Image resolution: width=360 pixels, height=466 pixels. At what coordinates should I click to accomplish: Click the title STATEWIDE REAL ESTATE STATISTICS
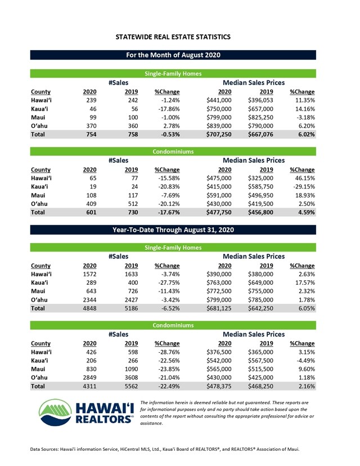(173, 37)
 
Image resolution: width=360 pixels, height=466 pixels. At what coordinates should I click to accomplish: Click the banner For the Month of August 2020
(173, 55)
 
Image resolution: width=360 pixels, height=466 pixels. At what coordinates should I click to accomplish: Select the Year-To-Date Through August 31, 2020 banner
(173, 230)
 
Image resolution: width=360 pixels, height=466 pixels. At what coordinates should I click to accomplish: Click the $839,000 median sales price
(220, 124)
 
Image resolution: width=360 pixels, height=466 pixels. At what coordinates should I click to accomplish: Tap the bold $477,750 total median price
(220, 213)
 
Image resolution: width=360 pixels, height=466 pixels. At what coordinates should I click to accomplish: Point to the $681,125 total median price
(220, 308)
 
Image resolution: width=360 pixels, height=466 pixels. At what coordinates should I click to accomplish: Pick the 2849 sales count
(89, 375)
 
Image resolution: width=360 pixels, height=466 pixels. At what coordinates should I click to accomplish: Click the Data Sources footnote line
(166, 449)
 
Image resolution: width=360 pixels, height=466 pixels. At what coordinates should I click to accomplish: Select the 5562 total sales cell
(130, 387)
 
